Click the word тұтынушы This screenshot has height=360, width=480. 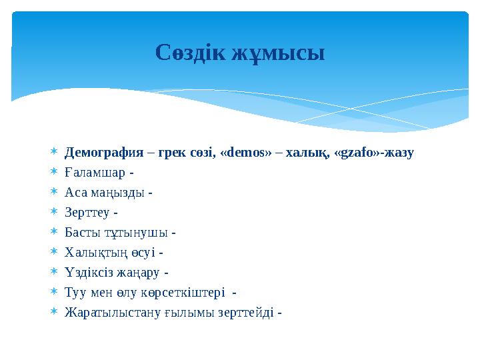coord(134,233)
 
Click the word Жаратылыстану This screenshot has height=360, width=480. coord(111,313)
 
